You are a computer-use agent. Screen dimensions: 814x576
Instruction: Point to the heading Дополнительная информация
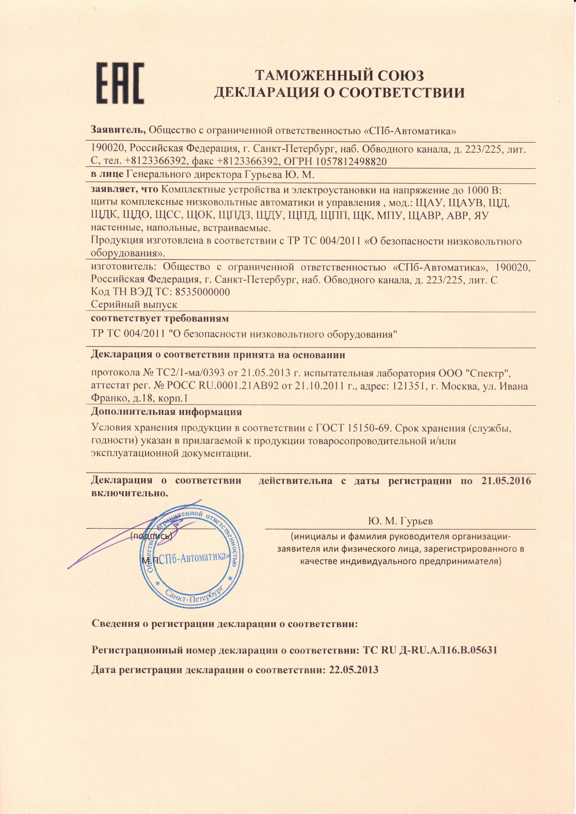tap(166, 412)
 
